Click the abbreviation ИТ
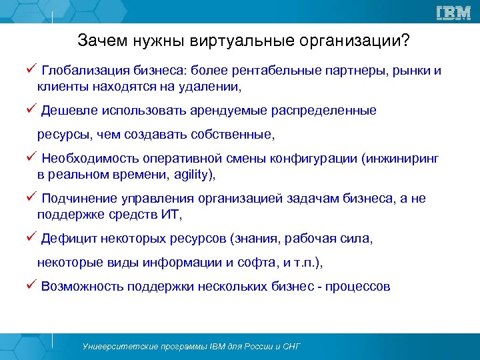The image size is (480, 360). [x=170, y=214]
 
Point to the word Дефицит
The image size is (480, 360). [x=65, y=238]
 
